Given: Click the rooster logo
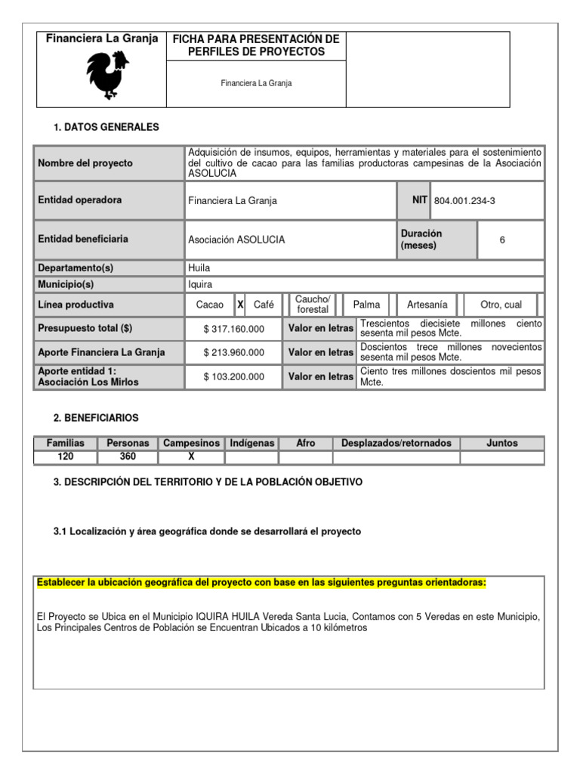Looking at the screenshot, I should pyautogui.click(x=106, y=75).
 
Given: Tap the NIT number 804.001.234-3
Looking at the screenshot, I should pyautogui.click(x=465, y=200).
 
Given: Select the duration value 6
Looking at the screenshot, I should pyautogui.click(x=502, y=240).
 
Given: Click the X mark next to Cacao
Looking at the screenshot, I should pyautogui.click(x=240, y=305).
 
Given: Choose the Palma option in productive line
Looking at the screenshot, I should pyautogui.click(x=366, y=305).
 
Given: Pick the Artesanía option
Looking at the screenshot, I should pyautogui.click(x=427, y=305).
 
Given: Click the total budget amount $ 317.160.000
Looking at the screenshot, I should pyautogui.click(x=234, y=329).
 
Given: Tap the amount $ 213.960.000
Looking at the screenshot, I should pyautogui.click(x=234, y=352).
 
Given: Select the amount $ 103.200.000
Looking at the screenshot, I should pyautogui.click(x=234, y=376).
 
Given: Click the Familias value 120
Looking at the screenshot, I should pyautogui.click(x=66, y=457).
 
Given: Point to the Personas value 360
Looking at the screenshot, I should pyautogui.click(x=128, y=457).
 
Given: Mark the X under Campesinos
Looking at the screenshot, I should pyautogui.click(x=191, y=457).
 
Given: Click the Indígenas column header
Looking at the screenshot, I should pyautogui.click(x=252, y=444).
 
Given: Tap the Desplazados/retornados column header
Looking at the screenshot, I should pyautogui.click(x=396, y=444).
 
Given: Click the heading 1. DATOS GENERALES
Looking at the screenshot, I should pyautogui.click(x=106, y=128).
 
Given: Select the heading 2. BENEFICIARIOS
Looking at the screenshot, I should pyautogui.click(x=96, y=418).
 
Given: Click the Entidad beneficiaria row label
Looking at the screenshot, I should pyautogui.click(x=83, y=240).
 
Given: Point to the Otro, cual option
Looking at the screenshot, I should pyautogui.click(x=501, y=305).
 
